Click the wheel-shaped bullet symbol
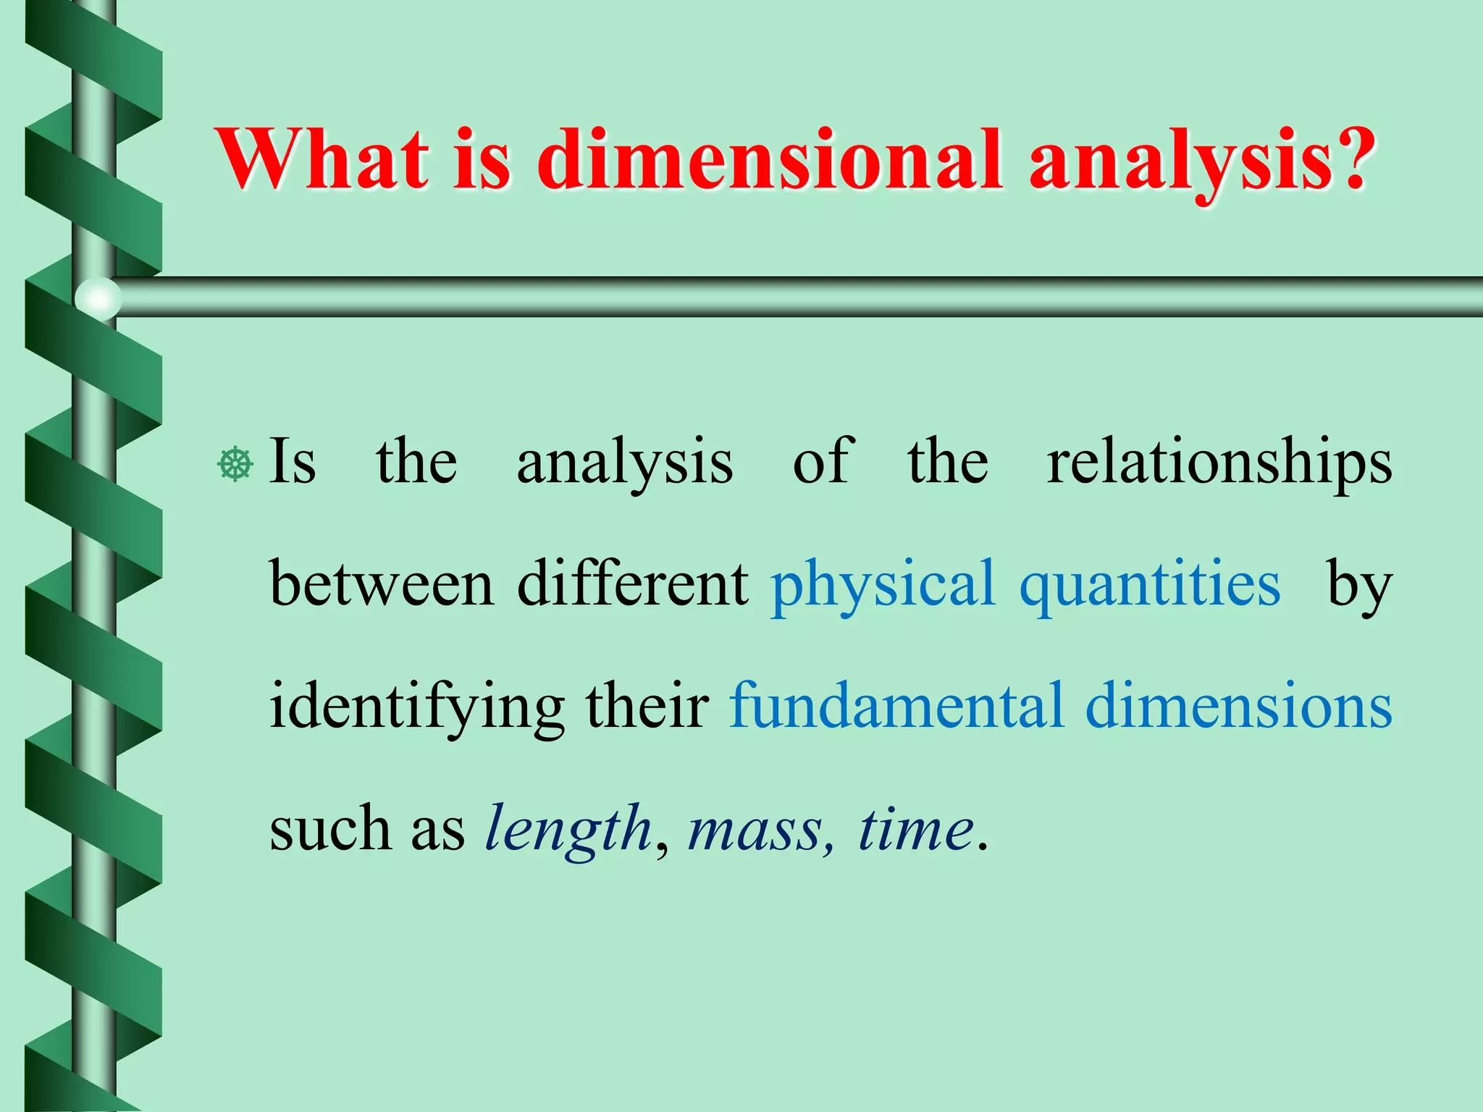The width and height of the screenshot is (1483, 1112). click(x=235, y=464)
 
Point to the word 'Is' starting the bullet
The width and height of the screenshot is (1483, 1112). click(x=293, y=462)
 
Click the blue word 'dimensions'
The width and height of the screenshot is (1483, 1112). click(x=1238, y=705)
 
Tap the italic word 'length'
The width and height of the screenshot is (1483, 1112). click(x=568, y=830)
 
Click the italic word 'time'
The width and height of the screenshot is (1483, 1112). click(x=915, y=828)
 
